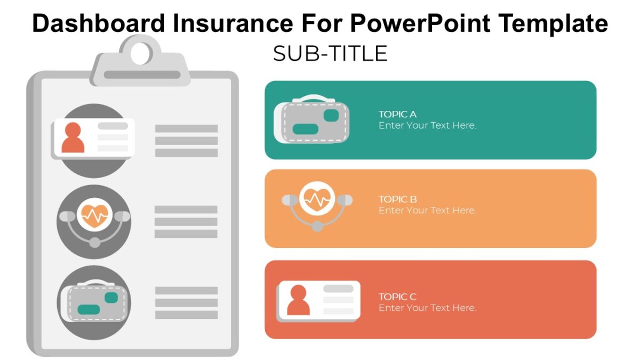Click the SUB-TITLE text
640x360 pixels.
pos(330,54)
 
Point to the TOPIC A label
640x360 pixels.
pos(397,114)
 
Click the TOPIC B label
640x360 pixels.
pos(397,199)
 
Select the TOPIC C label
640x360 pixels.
pos(397,297)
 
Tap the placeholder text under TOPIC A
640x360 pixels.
pos(427,126)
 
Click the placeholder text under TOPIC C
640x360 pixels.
pos(427,308)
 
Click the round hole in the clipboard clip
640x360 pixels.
pos(141,53)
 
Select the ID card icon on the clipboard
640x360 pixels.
pos(93,138)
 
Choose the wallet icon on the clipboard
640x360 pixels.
pos(94,301)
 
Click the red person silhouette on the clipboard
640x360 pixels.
pos(73,138)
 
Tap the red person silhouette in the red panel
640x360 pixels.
pos(298,300)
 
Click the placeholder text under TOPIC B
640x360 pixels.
pos(427,211)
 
